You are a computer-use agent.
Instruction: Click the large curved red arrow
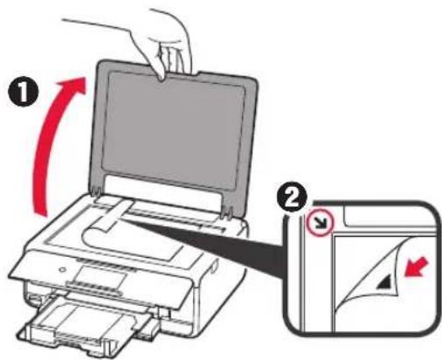coord(54,140)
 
